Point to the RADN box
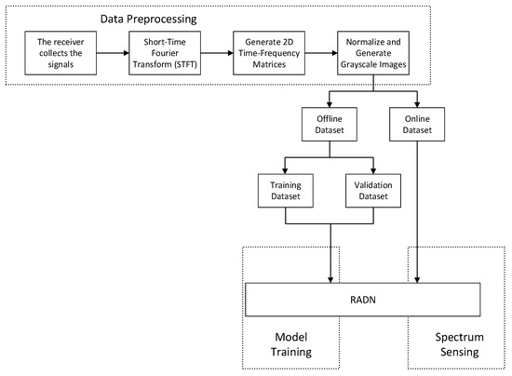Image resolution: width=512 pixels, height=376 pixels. (x=362, y=300)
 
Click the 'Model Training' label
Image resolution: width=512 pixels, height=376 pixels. (x=290, y=345)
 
